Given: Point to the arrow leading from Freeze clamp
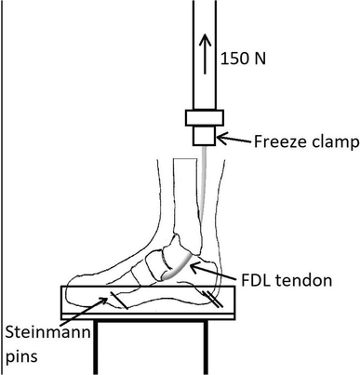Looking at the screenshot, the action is (233, 141).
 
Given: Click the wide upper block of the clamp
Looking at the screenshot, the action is (204, 119).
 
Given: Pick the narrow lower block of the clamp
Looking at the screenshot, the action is (204, 136).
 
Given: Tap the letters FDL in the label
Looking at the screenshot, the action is (249, 278).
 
